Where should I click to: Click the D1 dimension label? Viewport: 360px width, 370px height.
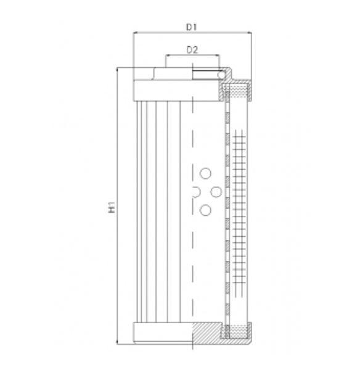(192, 27)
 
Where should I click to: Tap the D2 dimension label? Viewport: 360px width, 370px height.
(192, 50)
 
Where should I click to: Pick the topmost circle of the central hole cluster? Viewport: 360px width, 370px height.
(205, 174)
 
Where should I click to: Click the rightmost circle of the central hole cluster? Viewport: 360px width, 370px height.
(216, 192)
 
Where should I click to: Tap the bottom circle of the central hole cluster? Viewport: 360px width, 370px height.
(205, 211)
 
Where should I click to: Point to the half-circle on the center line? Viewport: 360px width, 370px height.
(195, 192)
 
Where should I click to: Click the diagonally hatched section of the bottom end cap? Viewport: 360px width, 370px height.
(207, 334)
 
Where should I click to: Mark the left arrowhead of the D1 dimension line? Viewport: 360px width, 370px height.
(136, 34)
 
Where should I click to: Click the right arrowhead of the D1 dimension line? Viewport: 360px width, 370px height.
(250, 34)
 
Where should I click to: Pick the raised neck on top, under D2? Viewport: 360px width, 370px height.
(179, 74)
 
